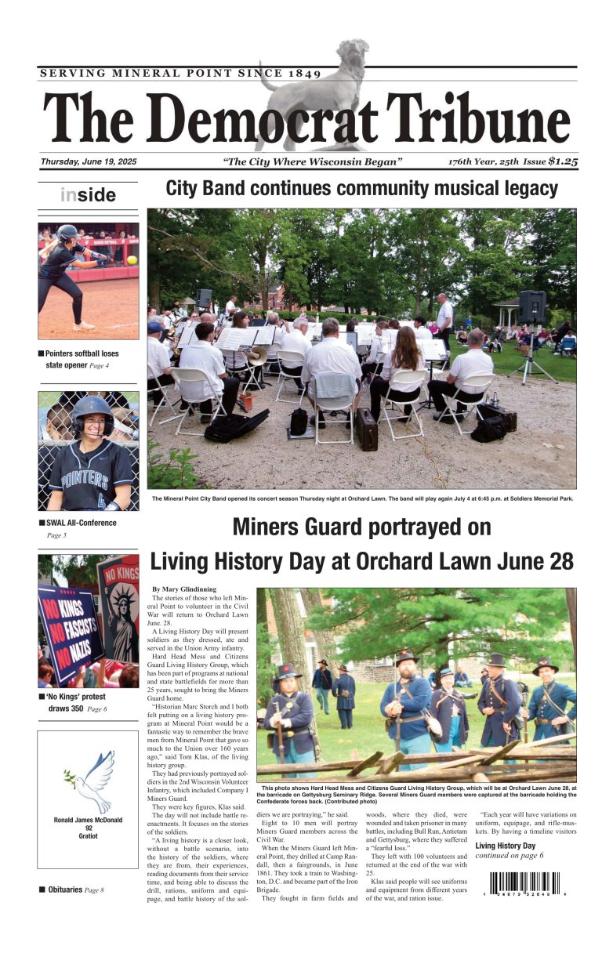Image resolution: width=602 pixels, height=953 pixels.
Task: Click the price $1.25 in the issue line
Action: tap(562, 161)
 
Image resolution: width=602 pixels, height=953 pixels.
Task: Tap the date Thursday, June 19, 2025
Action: tap(89, 162)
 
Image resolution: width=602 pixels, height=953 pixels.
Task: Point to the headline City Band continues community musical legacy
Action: tap(361, 189)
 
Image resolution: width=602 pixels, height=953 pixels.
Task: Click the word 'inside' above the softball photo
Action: tap(88, 195)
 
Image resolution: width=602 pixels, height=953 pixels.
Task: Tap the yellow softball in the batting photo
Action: tap(131, 259)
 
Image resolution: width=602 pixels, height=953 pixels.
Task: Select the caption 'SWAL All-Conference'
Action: tap(81, 523)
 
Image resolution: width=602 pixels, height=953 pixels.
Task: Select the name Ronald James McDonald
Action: tap(89, 821)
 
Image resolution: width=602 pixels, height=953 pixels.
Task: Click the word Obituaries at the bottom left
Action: tap(65, 890)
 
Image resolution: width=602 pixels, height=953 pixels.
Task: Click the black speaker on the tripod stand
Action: tap(531, 306)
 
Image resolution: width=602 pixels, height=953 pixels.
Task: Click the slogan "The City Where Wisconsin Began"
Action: tap(312, 162)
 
